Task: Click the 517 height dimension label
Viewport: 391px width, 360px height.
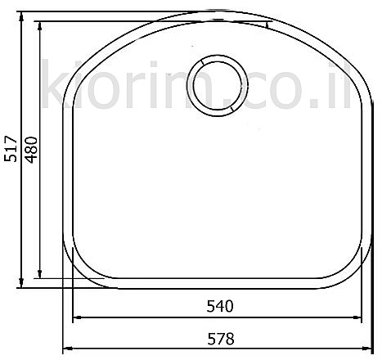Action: coord(11,148)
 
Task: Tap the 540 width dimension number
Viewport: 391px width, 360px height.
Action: coord(220,306)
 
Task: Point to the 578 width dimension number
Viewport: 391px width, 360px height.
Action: coord(221,339)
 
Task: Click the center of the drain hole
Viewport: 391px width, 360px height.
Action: coord(218,85)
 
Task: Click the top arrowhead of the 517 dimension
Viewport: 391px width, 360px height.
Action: coord(21,16)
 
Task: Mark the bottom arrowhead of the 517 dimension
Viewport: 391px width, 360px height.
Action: coord(21,283)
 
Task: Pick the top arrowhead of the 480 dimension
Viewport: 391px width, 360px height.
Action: coord(40,26)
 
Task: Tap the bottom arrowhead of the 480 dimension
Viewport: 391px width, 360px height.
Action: coord(40,274)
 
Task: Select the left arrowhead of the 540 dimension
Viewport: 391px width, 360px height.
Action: coord(78,317)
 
